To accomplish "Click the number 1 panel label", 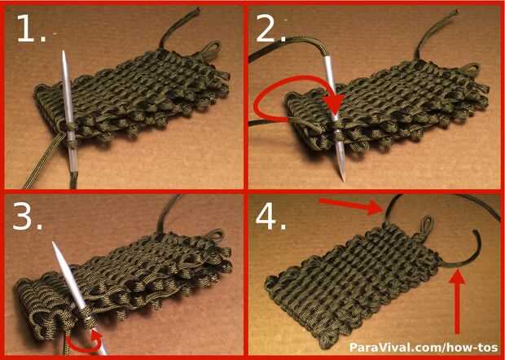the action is pos(31,29).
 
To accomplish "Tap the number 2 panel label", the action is pos(270,29).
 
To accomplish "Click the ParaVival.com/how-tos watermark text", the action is pos(424,347).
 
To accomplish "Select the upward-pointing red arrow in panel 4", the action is pos(457,302).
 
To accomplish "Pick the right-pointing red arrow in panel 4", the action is pos(350,204).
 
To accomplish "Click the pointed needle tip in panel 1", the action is pos(64,51).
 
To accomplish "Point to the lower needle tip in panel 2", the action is pos(343,180).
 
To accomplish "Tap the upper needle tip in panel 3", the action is pos(54,243).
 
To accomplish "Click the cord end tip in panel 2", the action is pos(456,12).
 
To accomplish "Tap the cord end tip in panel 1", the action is pos(196,11).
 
